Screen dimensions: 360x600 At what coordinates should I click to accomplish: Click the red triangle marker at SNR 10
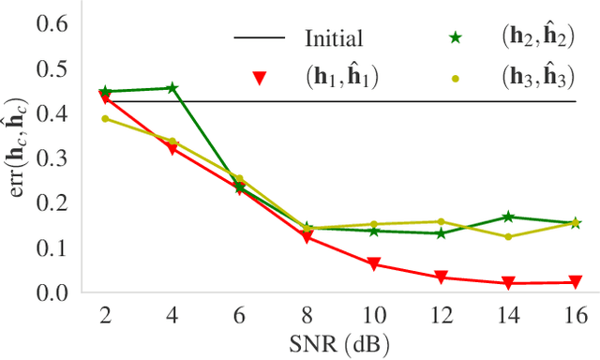(x=374, y=265)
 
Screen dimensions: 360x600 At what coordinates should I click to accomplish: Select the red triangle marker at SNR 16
(x=575, y=282)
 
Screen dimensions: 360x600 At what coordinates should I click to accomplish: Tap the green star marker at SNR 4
(x=172, y=88)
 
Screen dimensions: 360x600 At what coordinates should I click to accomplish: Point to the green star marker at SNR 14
(x=508, y=217)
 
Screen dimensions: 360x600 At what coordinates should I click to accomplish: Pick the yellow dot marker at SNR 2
(x=105, y=118)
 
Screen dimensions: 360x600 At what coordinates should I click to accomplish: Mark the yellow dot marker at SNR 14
(x=508, y=236)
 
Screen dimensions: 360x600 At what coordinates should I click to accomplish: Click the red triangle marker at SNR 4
(x=172, y=149)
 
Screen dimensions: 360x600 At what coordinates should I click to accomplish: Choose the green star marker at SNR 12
(x=441, y=232)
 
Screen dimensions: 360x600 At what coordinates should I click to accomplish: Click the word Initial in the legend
(x=334, y=39)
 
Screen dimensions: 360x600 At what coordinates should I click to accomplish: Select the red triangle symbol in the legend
(x=259, y=79)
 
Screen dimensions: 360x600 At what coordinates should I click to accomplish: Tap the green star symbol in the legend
(x=457, y=38)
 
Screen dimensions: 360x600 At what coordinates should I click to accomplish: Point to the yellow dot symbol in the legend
(x=457, y=79)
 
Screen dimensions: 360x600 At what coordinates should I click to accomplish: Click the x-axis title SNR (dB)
(x=340, y=344)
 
